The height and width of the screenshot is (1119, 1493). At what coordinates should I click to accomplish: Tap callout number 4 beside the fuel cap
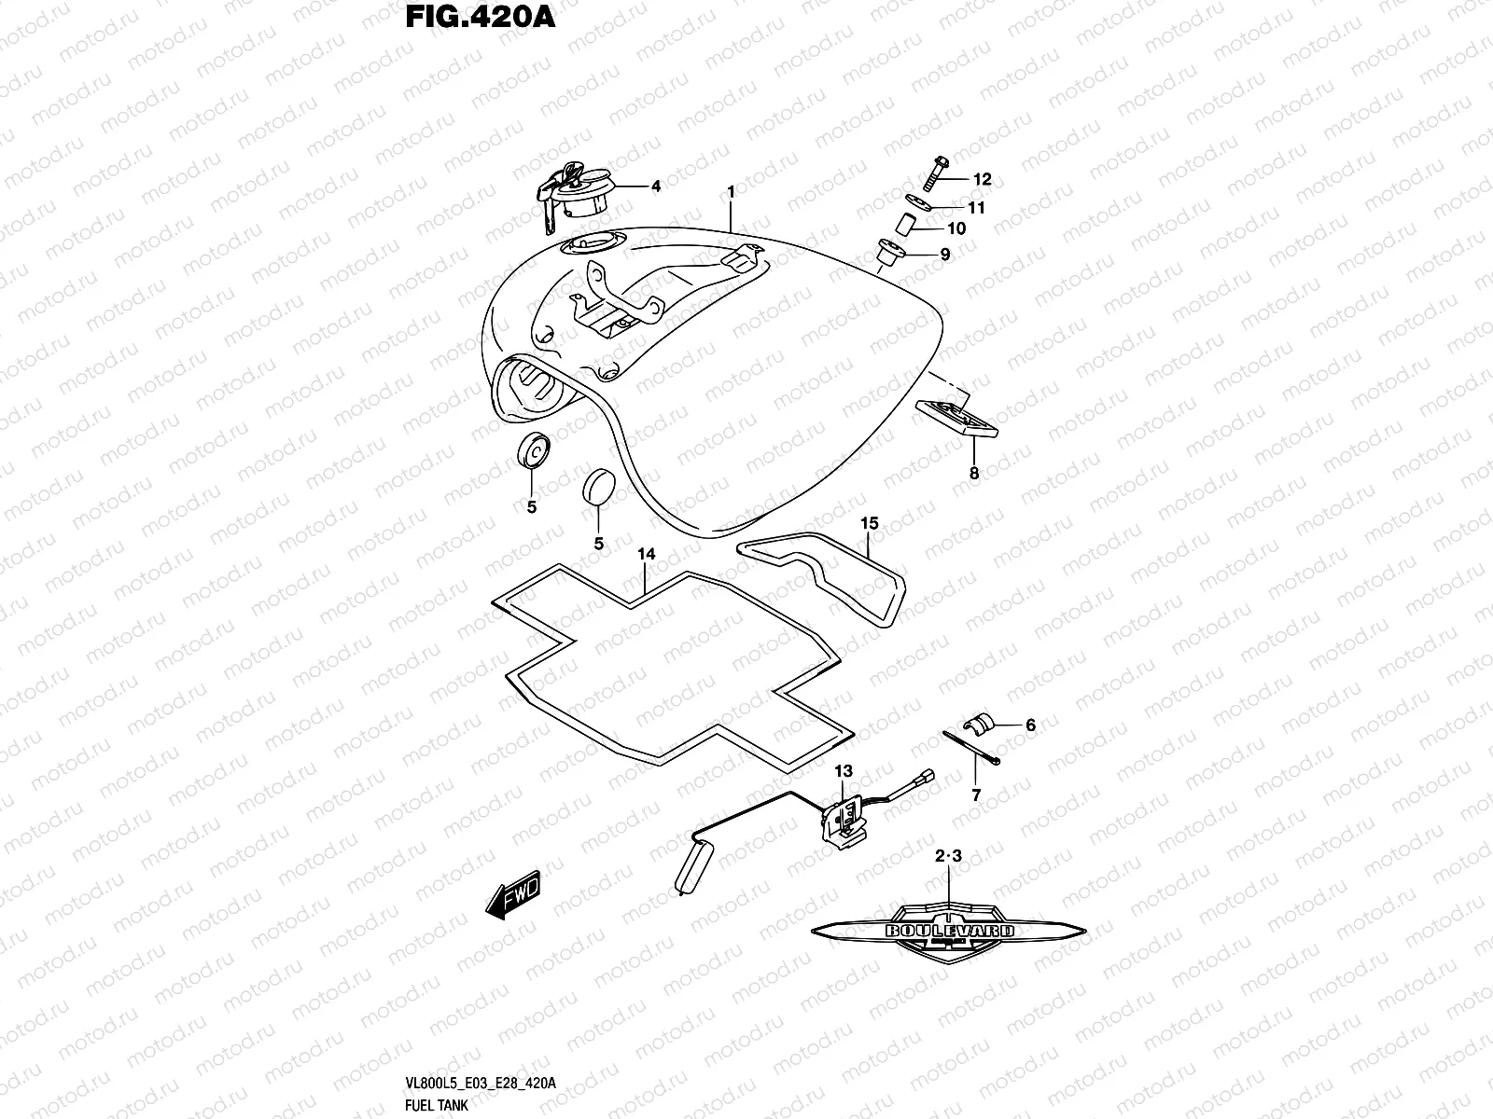[x=655, y=186]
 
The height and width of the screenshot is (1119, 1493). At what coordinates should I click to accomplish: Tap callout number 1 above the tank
[x=732, y=191]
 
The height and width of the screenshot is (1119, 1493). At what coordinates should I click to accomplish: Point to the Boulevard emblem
[x=950, y=930]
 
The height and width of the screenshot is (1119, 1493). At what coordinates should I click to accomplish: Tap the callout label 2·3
[x=947, y=854]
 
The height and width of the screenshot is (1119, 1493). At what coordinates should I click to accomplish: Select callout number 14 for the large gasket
[x=647, y=554]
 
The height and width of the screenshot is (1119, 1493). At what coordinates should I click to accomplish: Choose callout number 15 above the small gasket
[x=869, y=524]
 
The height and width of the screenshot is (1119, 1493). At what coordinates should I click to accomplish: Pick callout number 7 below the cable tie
[x=976, y=795]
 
